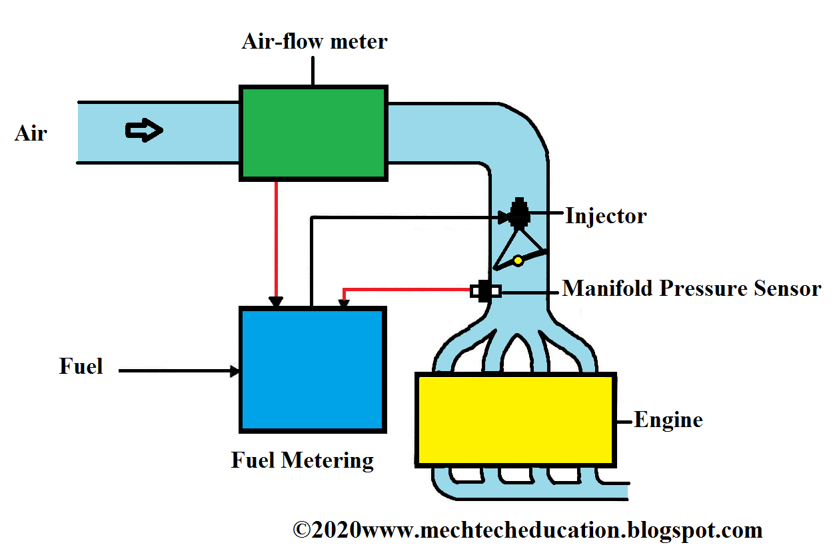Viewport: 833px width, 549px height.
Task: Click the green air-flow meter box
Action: pos(313,133)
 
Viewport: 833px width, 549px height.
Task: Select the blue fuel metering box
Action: pos(313,370)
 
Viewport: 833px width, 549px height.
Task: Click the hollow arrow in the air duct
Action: pos(144,131)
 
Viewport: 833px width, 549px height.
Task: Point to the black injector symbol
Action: pos(518,214)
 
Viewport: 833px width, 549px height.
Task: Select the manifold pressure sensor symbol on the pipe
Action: pos(485,290)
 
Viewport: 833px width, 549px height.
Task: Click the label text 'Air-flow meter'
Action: pos(314,42)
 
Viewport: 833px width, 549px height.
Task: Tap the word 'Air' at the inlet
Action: pos(31,133)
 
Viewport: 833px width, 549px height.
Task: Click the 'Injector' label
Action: pos(606,216)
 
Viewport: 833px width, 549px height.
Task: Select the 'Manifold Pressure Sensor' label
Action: pos(692,288)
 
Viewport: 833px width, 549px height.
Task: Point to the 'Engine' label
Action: pos(668,420)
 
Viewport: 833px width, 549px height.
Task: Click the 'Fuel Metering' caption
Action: pos(303,460)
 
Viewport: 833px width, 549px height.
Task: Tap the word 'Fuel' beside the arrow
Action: pos(81,366)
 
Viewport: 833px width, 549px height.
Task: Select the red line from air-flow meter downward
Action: pos(275,240)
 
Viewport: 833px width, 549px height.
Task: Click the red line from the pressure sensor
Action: pos(407,290)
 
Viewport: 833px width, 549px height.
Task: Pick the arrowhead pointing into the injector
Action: pos(504,217)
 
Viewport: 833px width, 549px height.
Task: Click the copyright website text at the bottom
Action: pos(528,530)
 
